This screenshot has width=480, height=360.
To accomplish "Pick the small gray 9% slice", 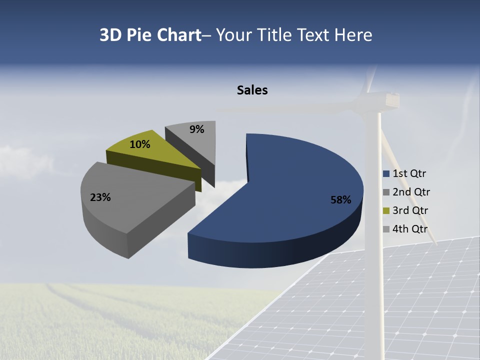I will (x=197, y=142).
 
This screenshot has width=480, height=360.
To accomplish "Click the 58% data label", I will (x=340, y=200).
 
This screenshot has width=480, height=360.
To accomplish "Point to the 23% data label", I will (x=100, y=197).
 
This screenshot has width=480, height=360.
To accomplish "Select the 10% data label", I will (x=139, y=144).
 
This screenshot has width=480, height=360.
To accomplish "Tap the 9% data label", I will (x=197, y=129).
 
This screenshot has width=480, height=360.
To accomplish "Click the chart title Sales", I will (x=252, y=90).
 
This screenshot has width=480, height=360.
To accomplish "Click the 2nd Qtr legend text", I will (x=411, y=192).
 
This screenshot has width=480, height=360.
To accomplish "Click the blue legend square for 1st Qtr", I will (x=386, y=174).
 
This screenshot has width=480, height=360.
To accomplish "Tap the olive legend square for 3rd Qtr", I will (x=386, y=210).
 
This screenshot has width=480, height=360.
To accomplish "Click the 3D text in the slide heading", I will (x=110, y=35).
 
